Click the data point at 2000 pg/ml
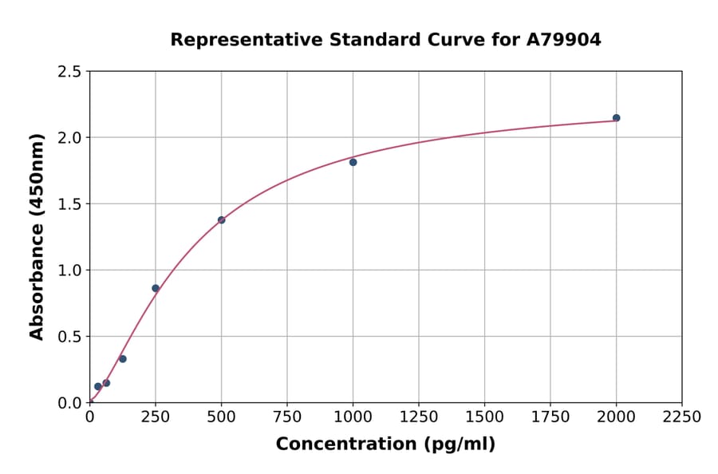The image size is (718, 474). click(x=616, y=118)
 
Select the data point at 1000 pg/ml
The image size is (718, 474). click(x=353, y=162)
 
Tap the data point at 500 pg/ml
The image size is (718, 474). click(x=221, y=220)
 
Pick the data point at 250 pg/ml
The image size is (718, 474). click(x=156, y=288)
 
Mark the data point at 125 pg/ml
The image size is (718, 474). click(x=123, y=359)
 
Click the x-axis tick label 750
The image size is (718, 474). click(x=287, y=417)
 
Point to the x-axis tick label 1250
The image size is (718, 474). click(x=419, y=417)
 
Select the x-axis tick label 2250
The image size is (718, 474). click(x=682, y=417)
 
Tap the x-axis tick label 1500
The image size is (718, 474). click(x=484, y=417)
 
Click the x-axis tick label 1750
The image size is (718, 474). click(x=550, y=417)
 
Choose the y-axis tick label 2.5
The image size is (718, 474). click(x=69, y=72)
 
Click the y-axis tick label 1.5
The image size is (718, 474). click(x=69, y=204)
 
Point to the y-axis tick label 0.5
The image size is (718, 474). click(x=69, y=337)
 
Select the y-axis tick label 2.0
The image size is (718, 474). click(x=69, y=138)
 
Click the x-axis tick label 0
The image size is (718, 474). click(x=89, y=417)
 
